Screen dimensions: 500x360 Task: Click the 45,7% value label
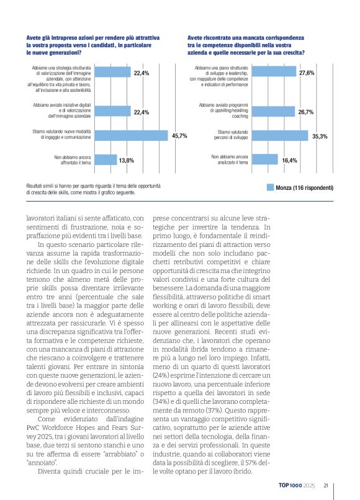tap(179, 136)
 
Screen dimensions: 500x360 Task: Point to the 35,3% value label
tap(319, 136)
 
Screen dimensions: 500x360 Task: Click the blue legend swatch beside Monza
tap(269, 187)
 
